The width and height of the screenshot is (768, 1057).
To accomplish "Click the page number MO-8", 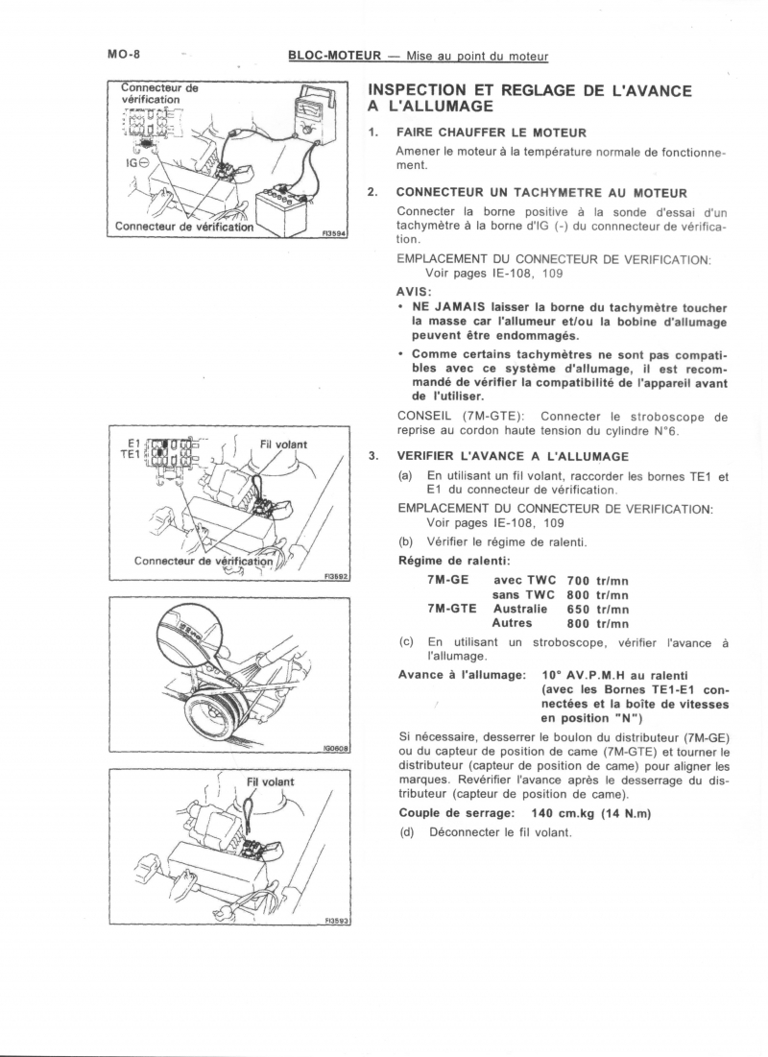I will click(124, 55).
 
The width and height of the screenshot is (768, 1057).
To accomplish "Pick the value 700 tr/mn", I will click(597, 581).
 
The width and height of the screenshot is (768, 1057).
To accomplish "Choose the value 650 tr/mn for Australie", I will click(597, 609).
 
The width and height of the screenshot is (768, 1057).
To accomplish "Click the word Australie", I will click(519, 609).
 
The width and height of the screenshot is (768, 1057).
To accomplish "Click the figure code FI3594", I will click(334, 232).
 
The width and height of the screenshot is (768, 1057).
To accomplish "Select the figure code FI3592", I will click(335, 577).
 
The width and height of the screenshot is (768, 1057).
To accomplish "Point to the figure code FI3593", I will click(335, 921).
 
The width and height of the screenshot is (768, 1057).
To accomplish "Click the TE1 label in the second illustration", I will click(130, 454).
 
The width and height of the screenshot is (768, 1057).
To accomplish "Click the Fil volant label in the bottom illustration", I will click(271, 781).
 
